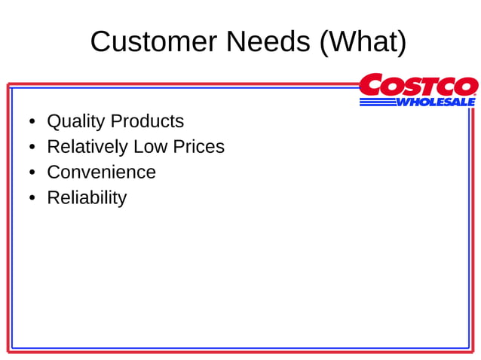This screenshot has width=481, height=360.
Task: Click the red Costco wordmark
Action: tap(418, 86)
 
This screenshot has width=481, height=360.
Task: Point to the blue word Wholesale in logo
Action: tap(436, 102)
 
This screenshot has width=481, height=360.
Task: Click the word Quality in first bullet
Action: tap(76, 121)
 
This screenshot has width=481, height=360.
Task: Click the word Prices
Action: tap(200, 147)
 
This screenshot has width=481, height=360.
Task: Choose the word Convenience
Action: tap(101, 172)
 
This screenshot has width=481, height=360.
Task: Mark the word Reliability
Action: tap(87, 198)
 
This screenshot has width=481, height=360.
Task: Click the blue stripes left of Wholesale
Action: tap(377, 102)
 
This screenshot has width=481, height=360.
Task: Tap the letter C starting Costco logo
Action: tap(371, 86)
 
